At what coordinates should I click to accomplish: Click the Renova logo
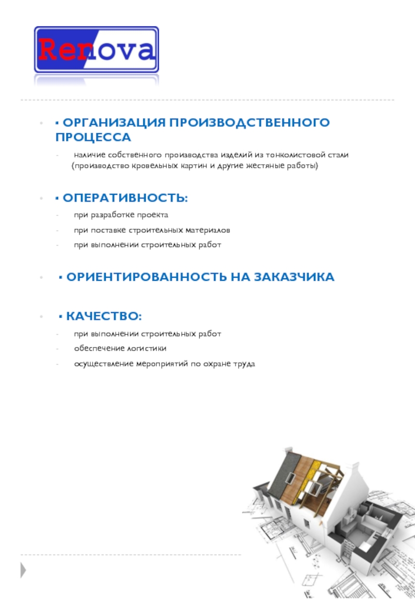(x=96, y=50)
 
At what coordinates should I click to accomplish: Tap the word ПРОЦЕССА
(x=93, y=137)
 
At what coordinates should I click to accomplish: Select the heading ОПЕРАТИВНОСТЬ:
(x=125, y=198)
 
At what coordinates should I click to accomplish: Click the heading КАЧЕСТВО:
(x=104, y=316)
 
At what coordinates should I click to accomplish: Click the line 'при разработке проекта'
(x=121, y=215)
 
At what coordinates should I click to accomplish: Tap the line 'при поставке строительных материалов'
(x=151, y=230)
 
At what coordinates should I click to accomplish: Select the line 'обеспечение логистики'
(x=120, y=349)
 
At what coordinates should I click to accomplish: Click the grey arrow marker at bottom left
(x=23, y=570)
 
